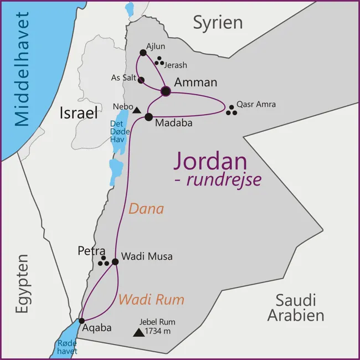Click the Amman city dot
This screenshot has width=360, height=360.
point(165,91)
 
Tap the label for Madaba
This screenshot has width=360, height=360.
point(174,123)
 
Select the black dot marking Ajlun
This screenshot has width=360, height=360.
point(143,53)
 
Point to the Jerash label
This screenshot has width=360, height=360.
point(176,65)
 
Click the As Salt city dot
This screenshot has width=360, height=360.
point(141,80)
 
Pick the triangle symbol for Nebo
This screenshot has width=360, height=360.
point(136,110)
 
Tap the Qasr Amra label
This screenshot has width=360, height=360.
point(256,104)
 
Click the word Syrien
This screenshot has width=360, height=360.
point(218,23)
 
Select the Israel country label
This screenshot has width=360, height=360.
point(78,114)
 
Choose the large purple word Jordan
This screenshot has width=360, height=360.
point(210,161)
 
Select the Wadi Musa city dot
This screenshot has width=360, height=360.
point(115,261)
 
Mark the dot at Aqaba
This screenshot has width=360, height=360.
point(82,321)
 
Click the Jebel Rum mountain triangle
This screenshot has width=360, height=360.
point(137,332)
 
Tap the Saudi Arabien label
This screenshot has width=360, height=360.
point(296,308)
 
